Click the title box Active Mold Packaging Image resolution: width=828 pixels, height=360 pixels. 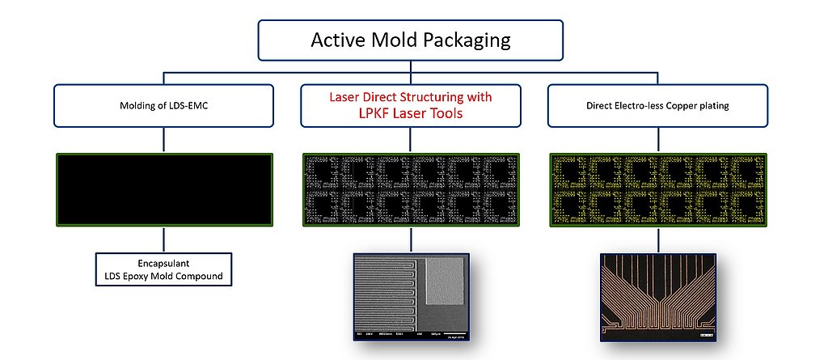coord(411,40)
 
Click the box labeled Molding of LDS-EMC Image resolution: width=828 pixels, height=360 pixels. coord(165,106)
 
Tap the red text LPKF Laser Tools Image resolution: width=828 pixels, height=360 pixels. coord(411,114)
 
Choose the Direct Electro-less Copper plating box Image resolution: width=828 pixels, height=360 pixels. coord(658,106)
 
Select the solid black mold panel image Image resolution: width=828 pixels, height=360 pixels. coord(165,190)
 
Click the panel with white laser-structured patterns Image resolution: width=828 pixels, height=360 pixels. coord(411,190)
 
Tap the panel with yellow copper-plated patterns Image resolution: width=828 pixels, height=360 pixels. coord(658,190)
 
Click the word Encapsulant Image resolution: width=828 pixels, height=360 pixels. coord(165,264)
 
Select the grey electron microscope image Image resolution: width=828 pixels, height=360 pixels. coord(411,296)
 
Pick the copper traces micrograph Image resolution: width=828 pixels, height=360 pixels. coord(658,296)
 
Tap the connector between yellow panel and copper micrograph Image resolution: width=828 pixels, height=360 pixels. coord(658,240)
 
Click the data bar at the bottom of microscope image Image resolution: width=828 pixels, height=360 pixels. coord(411,333)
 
